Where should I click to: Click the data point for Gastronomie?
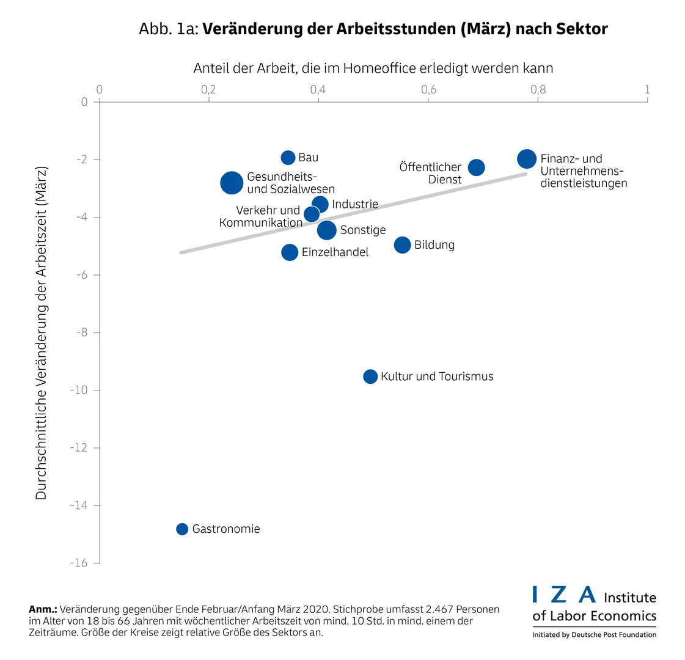coord(182,529)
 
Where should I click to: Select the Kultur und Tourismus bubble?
coord(370,376)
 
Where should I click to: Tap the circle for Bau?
coord(288,158)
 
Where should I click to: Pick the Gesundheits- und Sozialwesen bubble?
coord(231,183)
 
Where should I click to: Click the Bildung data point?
coord(402,245)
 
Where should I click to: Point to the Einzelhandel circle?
coord(290,252)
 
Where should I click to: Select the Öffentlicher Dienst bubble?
coord(476,167)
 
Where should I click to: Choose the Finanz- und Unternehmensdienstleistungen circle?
coord(527,159)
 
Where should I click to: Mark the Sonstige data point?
coord(327,230)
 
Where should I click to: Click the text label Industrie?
coord(355,204)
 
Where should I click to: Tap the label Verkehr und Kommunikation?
coord(261,216)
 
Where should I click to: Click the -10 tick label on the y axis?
coord(79,391)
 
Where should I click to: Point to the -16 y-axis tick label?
coord(79,563)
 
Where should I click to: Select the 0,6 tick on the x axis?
coord(428,90)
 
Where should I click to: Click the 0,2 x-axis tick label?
coord(208,90)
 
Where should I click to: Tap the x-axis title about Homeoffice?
coord(373,68)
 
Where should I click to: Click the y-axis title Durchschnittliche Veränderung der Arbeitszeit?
coord(41,333)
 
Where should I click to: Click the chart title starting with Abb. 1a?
coord(373,29)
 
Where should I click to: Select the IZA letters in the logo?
coord(563,595)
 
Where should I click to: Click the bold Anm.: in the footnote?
coord(43,609)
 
